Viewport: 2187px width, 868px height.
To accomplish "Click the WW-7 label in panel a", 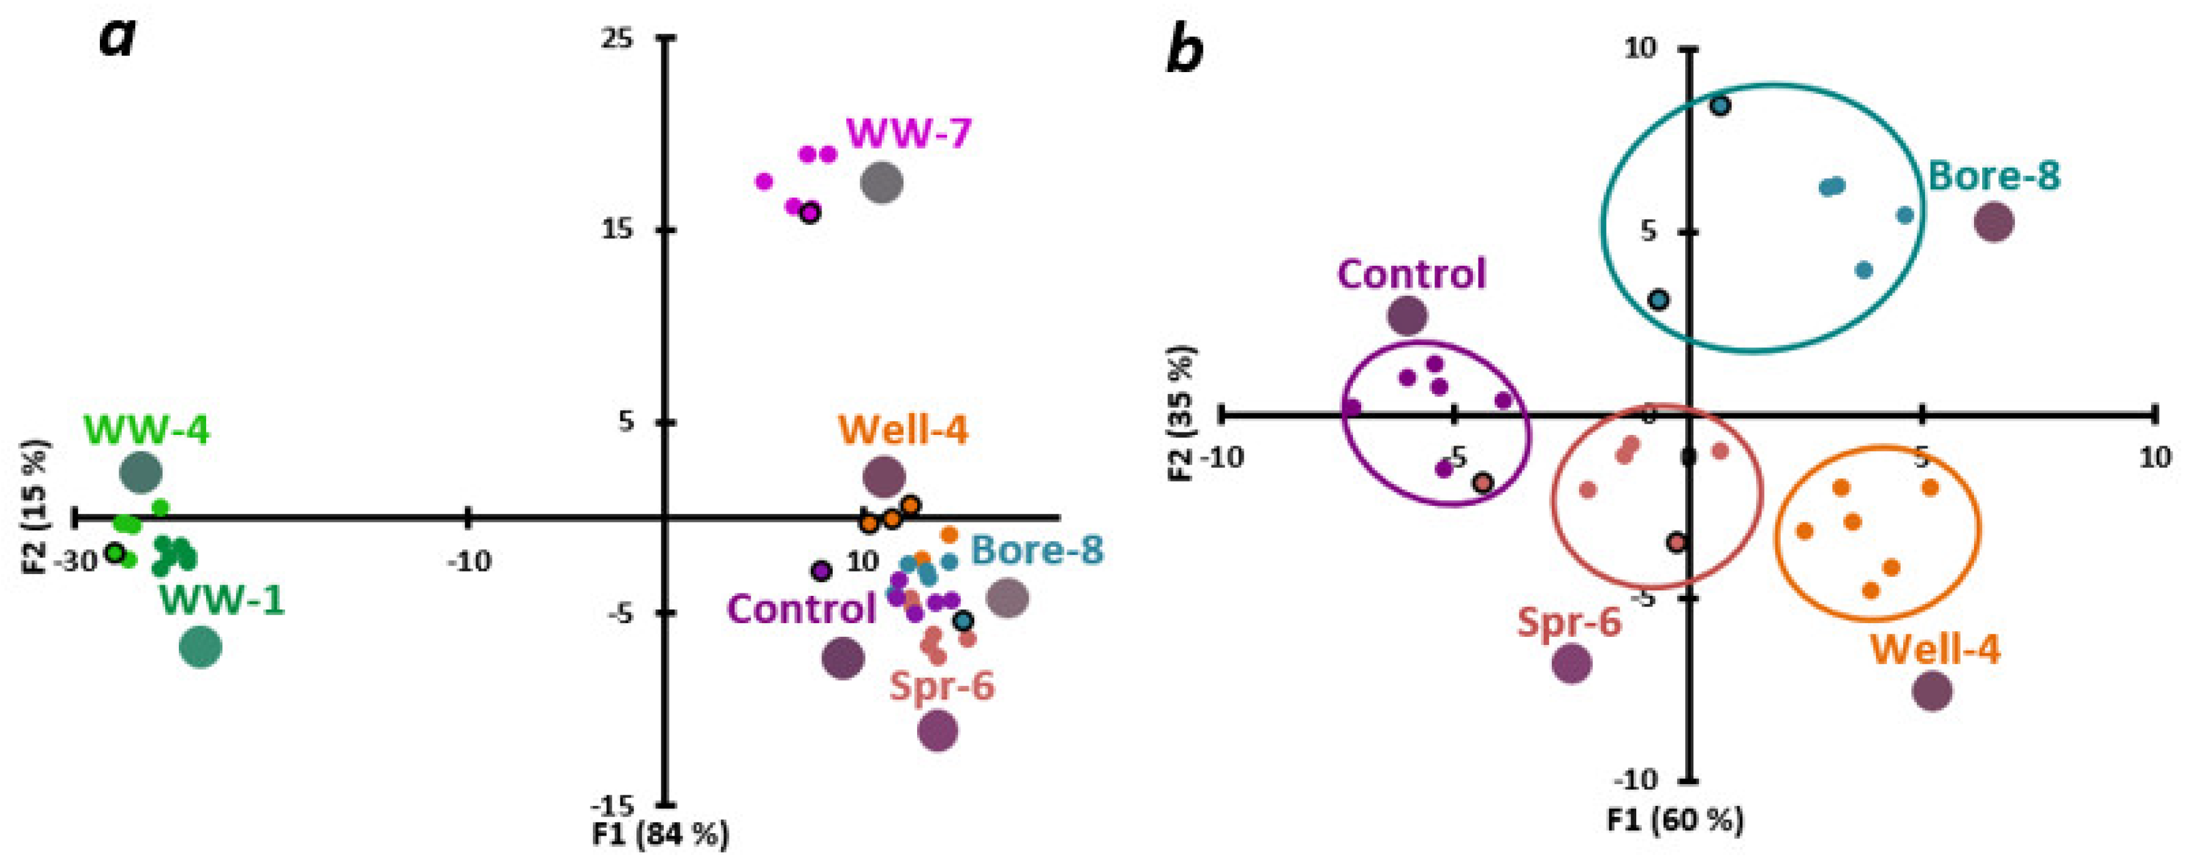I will tap(908, 134).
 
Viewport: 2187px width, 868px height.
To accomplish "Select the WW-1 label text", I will tap(222, 601).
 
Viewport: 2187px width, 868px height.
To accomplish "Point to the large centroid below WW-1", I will tap(201, 647).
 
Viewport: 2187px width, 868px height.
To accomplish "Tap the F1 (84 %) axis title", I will tap(661, 836).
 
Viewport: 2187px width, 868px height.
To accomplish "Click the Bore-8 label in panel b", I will tap(1995, 176).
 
